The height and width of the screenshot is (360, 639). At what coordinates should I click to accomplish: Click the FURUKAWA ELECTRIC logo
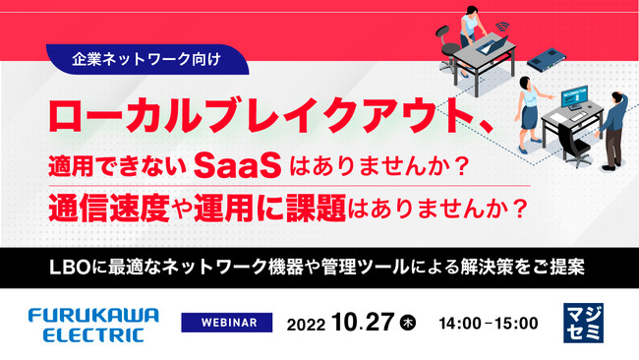tap(87, 324)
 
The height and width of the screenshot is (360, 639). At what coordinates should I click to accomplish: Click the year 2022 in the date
tap(308, 324)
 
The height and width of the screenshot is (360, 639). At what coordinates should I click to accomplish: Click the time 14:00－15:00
tap(488, 324)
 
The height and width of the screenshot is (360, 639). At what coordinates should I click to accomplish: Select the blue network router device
tap(548, 58)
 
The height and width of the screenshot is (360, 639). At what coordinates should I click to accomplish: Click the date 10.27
tap(365, 323)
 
